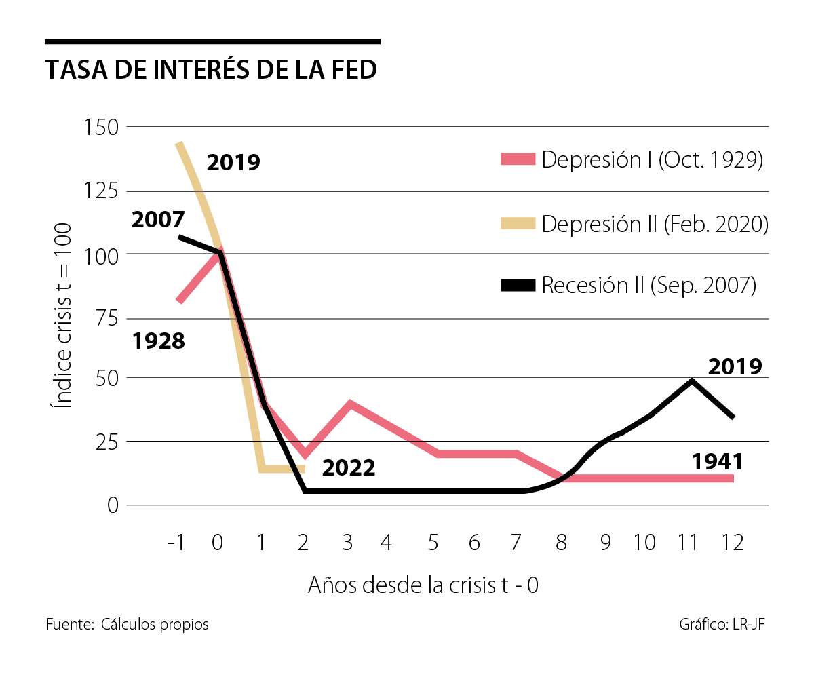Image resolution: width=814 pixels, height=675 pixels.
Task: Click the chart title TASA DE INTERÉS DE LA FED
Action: pos(211,71)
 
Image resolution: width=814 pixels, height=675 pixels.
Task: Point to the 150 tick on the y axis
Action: pos(100,127)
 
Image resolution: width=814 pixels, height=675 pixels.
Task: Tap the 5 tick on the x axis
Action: pos(433,543)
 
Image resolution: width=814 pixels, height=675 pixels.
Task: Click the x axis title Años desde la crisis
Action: pos(423,585)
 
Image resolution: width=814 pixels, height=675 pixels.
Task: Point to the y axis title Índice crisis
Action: pos(62,315)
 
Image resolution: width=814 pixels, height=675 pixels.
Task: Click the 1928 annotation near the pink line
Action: pos(158,341)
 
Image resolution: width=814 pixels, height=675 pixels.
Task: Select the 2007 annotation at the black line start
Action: pos(158,220)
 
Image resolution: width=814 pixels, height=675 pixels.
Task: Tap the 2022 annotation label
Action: pos(348,468)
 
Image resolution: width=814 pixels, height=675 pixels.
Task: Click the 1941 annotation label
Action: pos(718,462)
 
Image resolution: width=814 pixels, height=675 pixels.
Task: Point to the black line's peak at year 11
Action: pos(692,381)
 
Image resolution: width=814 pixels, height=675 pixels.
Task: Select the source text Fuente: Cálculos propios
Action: pos(128,625)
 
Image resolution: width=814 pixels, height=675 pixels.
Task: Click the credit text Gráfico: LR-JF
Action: pos(722,625)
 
